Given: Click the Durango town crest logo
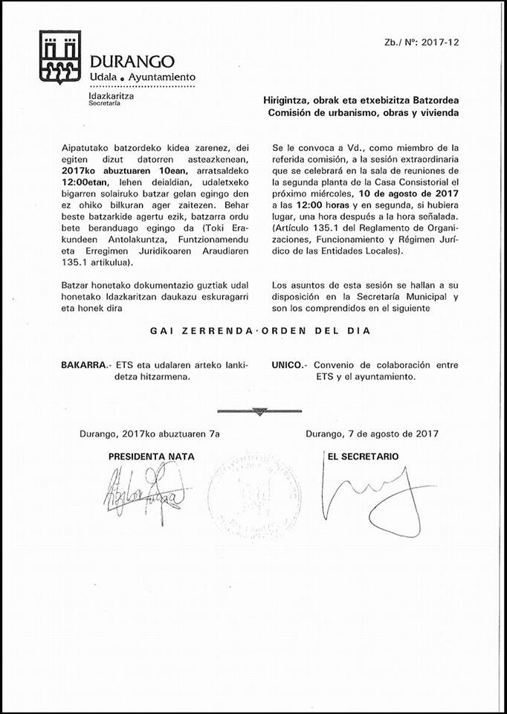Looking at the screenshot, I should (60, 58).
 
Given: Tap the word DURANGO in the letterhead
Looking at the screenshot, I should (132, 61).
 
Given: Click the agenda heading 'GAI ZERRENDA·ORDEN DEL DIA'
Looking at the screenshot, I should (254, 331).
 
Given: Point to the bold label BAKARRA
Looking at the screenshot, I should (84, 365).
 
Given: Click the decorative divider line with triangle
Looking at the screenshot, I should (259, 411).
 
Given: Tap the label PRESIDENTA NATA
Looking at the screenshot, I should (152, 457).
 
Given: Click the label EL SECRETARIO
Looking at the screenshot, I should (364, 456).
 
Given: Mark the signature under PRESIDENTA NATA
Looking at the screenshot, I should (141, 488).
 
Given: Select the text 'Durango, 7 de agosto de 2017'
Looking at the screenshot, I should (372, 434).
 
